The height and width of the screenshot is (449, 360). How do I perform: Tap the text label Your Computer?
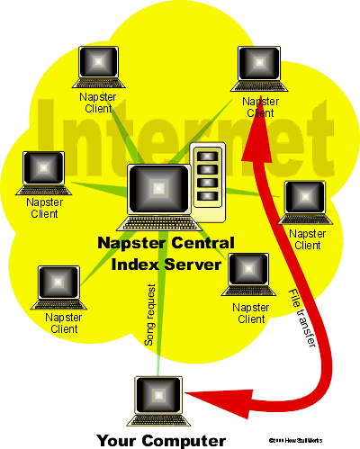(160, 441)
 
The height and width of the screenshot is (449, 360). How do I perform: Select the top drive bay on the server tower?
(208, 154)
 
